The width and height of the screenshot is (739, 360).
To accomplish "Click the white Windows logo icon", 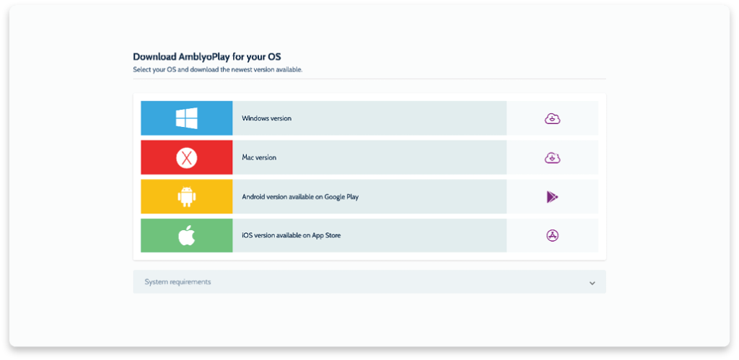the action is [x=187, y=118].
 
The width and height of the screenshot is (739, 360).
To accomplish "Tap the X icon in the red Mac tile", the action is [x=187, y=157].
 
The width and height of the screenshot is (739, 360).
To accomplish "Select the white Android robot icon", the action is [x=187, y=196].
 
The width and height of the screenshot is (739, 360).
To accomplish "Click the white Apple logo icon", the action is [x=187, y=236].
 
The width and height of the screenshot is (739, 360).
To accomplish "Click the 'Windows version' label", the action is [x=267, y=118].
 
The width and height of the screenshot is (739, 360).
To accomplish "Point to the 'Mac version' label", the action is [x=259, y=157].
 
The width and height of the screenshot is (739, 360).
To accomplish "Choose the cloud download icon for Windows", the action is [x=552, y=119].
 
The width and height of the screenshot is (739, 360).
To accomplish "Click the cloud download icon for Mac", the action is [x=552, y=158].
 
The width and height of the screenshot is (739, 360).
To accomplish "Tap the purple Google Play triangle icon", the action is [x=552, y=197].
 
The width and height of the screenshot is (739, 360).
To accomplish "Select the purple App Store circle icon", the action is [x=552, y=236].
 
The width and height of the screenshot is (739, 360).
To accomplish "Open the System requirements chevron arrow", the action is [x=592, y=284].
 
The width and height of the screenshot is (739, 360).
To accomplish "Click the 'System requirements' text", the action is [x=178, y=282].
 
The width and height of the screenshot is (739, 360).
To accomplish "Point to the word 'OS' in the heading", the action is [x=274, y=57].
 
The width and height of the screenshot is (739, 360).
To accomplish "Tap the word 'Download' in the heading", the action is [x=154, y=57].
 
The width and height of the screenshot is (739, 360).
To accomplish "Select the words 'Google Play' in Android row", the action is [x=341, y=197].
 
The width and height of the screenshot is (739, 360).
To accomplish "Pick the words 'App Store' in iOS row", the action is [x=326, y=235].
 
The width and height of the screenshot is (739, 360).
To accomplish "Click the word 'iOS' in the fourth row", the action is [x=247, y=235].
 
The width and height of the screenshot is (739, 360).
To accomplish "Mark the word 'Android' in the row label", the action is [x=253, y=196].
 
